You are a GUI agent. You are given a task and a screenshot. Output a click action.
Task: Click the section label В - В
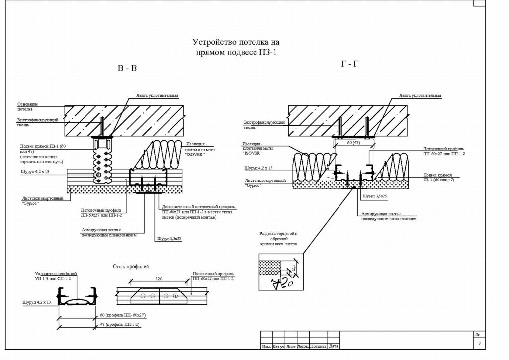[x=127, y=69]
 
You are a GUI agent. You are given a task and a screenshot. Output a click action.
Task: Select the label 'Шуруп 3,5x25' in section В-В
[x=169, y=239]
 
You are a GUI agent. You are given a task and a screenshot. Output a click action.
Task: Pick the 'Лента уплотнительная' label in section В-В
[x=157, y=95]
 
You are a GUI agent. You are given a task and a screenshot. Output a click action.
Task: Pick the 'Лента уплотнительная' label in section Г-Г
[x=420, y=95]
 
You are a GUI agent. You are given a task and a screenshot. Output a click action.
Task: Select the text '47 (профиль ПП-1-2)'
[x=120, y=324]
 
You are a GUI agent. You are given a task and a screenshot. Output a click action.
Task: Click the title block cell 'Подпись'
[x=318, y=346]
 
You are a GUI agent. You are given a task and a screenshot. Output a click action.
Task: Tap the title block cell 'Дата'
[x=334, y=346]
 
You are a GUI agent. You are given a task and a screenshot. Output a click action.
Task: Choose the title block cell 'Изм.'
[x=266, y=346]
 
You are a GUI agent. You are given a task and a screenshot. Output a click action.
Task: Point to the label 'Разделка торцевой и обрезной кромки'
[x=278, y=239]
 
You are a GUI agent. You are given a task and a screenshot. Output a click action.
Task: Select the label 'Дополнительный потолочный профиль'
[x=198, y=206]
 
